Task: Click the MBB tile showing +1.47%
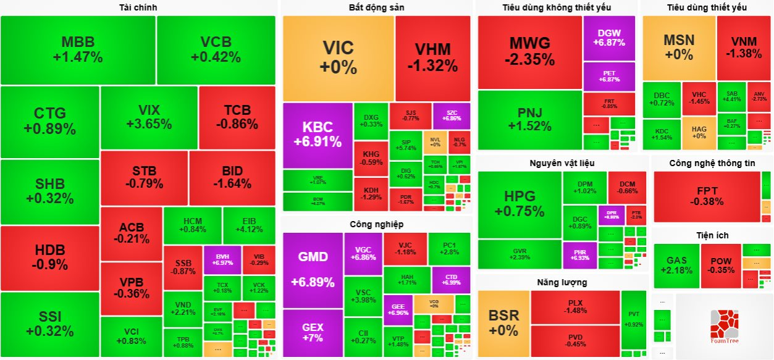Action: tap(78, 50)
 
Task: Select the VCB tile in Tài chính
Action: tap(216, 50)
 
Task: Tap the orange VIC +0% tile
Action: tap(338, 57)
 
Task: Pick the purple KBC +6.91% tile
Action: tap(318, 135)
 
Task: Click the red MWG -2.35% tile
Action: tap(529, 52)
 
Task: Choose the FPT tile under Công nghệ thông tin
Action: tap(707, 196)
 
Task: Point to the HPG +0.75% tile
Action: tap(520, 204)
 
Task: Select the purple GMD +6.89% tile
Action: tap(313, 269)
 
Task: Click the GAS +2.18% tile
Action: tap(676, 266)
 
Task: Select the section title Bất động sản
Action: tap(377, 7)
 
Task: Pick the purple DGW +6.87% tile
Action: tap(608, 38)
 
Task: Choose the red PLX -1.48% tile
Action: tap(575, 306)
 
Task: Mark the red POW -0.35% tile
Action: tap(720, 266)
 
